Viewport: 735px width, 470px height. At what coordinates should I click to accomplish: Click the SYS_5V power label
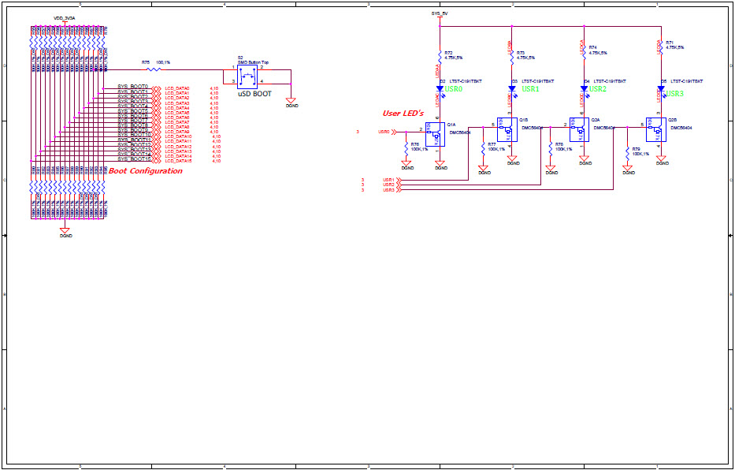(x=440, y=14)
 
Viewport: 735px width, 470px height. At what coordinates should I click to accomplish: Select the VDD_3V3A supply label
(x=65, y=17)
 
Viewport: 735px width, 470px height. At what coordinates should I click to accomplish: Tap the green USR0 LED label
(x=454, y=90)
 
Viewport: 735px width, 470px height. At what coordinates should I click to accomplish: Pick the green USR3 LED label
(x=674, y=93)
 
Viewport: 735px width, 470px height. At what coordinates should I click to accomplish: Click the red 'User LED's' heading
(x=403, y=114)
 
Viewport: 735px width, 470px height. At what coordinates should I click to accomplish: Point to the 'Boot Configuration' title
(x=145, y=171)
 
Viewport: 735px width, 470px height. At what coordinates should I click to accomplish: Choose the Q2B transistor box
(x=656, y=132)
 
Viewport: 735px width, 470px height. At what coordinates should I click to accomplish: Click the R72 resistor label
(x=448, y=52)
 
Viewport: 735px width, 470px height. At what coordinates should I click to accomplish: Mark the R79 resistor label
(x=636, y=149)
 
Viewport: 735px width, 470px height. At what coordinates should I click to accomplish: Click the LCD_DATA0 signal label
(x=176, y=88)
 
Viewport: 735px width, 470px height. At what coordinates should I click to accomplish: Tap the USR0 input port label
(x=384, y=132)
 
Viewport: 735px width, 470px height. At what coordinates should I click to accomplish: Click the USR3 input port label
(x=388, y=190)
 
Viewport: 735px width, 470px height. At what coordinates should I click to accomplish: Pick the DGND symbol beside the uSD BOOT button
(x=291, y=101)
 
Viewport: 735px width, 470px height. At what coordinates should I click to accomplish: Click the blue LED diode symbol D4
(x=584, y=89)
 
